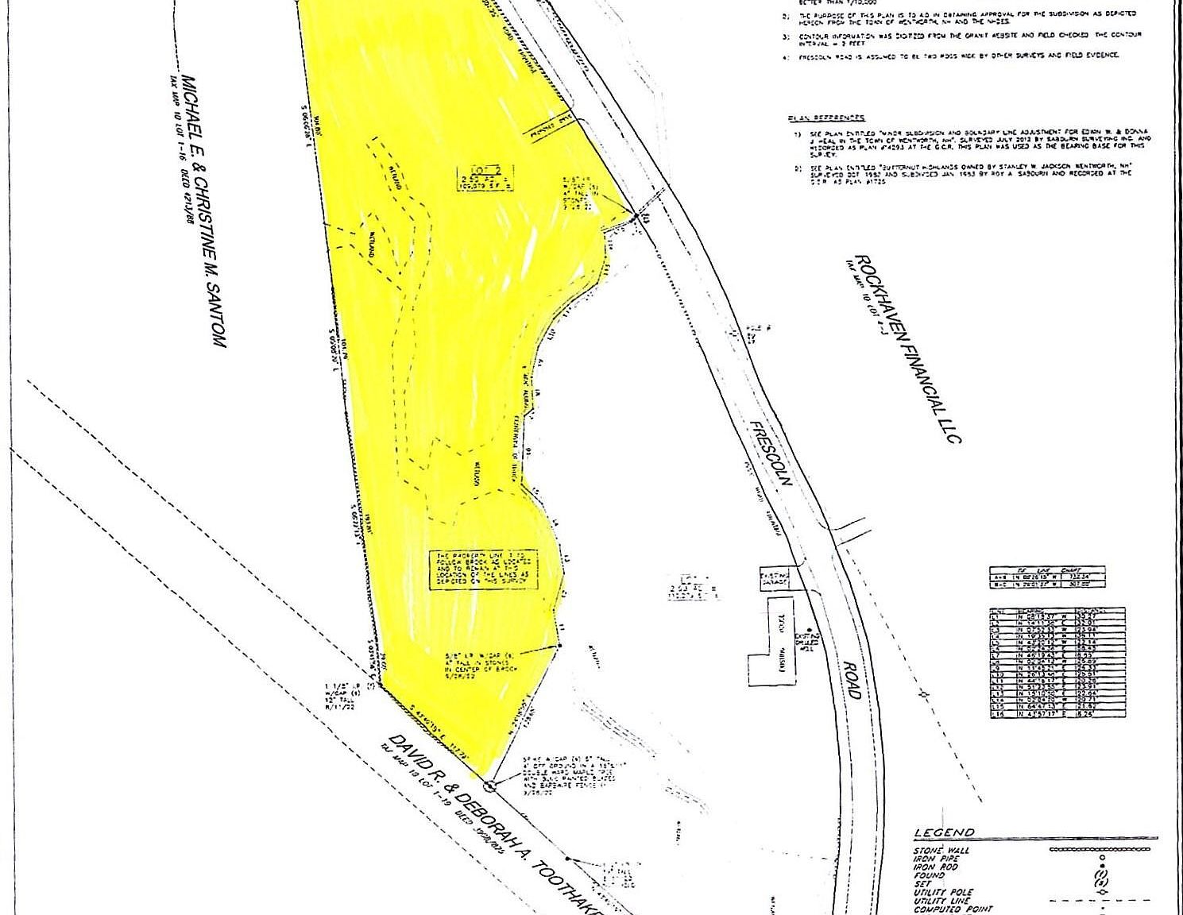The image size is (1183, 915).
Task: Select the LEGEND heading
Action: [944, 833]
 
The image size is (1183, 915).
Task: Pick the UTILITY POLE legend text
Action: [944, 892]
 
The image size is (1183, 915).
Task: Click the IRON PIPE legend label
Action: [936, 859]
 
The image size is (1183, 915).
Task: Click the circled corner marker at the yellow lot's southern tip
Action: [489, 786]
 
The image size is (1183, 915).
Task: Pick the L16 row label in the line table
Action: [997, 715]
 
